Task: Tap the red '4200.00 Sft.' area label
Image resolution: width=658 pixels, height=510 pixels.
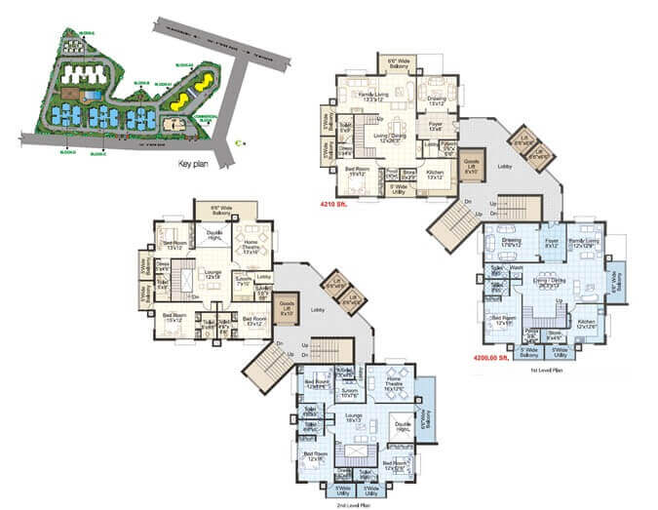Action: click(x=493, y=357)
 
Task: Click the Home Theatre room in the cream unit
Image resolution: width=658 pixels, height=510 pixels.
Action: click(x=252, y=249)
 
